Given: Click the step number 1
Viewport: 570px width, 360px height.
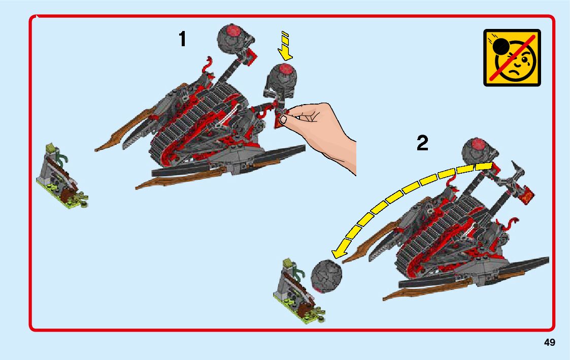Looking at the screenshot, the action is point(182,39).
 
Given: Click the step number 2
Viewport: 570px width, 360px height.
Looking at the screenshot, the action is point(422,144).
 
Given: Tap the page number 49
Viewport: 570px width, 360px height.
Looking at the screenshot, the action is point(549,343).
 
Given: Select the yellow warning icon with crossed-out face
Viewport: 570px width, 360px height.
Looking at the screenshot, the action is point(512,57).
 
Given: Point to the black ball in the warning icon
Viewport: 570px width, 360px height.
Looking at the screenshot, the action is point(501,47).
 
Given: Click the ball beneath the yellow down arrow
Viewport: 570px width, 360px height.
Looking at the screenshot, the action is point(283,77).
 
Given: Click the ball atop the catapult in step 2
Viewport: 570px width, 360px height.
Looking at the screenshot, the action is point(478,152).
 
